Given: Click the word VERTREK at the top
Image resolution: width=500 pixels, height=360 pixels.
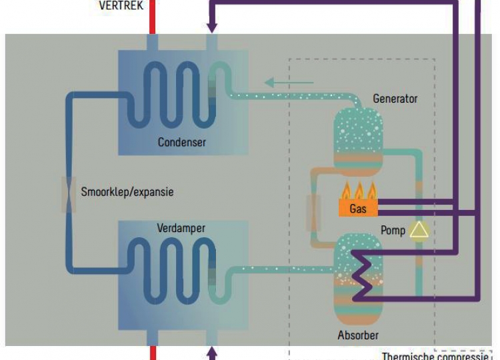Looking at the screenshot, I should [x=121, y=5].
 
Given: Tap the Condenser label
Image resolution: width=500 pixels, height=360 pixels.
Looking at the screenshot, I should [x=182, y=142].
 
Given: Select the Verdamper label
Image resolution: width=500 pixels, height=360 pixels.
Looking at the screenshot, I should [x=181, y=228].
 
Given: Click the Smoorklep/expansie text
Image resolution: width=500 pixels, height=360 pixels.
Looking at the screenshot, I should [x=127, y=191].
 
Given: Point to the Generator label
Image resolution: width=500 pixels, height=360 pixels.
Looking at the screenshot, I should [x=395, y=99].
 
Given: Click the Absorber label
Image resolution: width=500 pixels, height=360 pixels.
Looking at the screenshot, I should [x=359, y=335].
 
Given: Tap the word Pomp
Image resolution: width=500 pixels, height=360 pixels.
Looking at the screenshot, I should [x=393, y=231].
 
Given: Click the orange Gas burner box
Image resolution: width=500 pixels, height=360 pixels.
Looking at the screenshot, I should [x=358, y=209].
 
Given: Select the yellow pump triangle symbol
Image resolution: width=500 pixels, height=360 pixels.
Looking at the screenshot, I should [x=419, y=230].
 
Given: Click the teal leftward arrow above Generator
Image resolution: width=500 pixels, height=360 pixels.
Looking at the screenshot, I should [x=288, y=83].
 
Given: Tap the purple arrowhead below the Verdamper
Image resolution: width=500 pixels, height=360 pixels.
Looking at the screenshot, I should [x=212, y=351].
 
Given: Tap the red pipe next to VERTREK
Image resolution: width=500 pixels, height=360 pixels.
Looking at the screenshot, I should [x=152, y=13].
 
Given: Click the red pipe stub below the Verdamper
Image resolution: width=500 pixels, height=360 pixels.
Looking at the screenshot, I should [x=152, y=353].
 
